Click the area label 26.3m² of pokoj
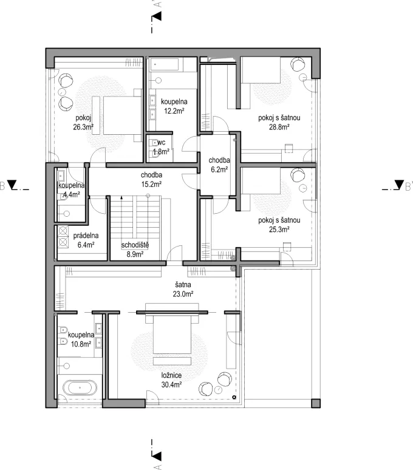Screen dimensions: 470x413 tap(83, 128)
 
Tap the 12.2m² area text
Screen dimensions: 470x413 tap(172, 111)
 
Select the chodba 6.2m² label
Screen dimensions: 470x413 tap(218, 165)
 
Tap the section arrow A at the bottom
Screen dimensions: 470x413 tap(156, 455)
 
